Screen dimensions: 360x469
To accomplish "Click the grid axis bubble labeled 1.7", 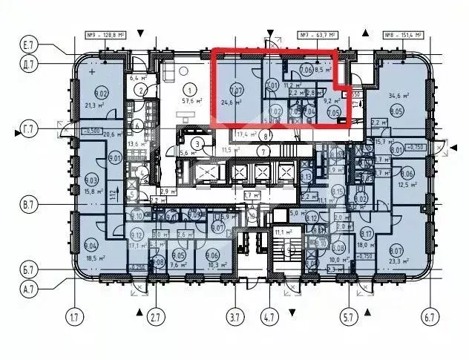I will pos(74,318).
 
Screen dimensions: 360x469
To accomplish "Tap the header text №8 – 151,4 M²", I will pos(404,35).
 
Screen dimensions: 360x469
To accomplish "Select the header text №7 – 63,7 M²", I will pos(318,35).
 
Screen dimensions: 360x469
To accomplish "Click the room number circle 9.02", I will pos(101,94).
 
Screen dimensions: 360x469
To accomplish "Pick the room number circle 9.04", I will pos(91,244).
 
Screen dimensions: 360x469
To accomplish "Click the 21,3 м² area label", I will pos(94,105).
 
